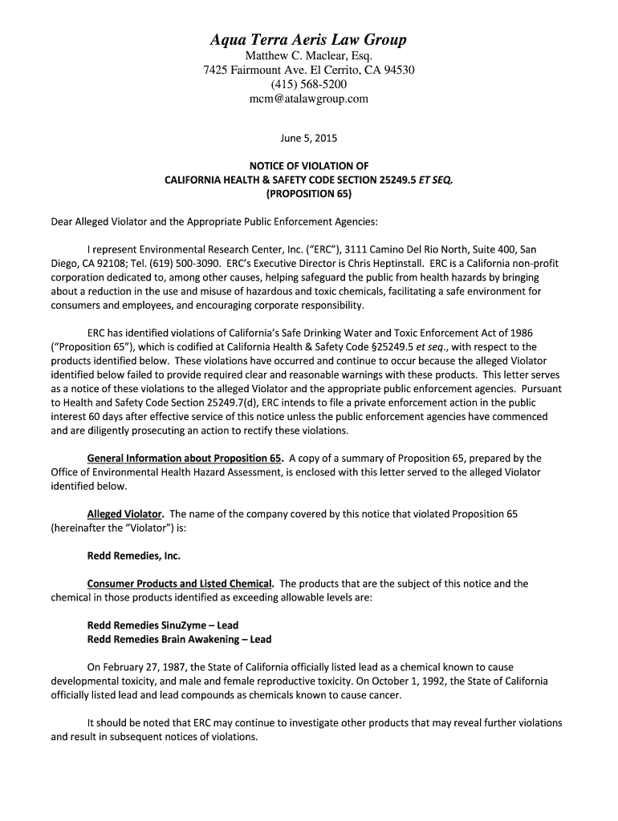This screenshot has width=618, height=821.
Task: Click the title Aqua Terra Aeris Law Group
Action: pos(308,39)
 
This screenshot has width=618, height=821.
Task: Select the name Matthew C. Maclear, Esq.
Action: pos(308,55)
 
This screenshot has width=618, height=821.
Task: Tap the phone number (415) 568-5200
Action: pos(308,84)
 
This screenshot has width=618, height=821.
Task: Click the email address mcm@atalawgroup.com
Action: pos(308,99)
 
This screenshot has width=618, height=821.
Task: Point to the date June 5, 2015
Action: pos(308,138)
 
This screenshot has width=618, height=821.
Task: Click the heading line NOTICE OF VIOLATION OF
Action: pos(308,166)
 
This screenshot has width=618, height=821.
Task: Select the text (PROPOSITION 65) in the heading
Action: pos(308,193)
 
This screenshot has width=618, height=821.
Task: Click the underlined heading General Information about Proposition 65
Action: pos(184,459)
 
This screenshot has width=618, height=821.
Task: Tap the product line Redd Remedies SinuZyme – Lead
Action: pos(162,625)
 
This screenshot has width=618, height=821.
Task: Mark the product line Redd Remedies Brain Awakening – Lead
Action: pos(179,639)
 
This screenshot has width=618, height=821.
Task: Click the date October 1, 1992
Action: pos(405,681)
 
